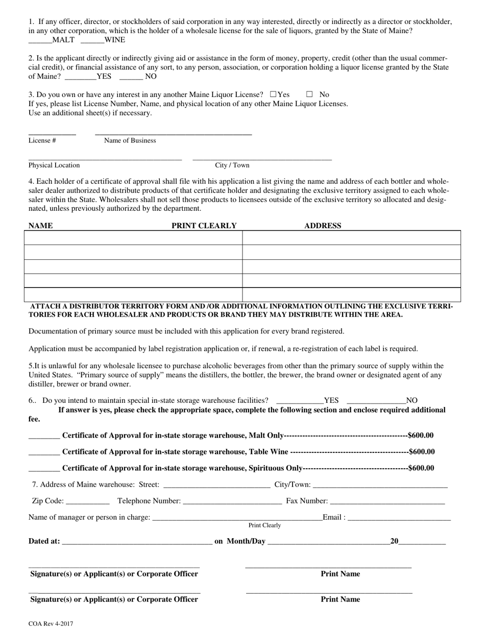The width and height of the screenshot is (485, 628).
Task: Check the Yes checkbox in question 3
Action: coord(273,94)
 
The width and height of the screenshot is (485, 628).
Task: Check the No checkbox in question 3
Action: coord(309,94)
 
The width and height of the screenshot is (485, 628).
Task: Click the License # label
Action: coord(42,140)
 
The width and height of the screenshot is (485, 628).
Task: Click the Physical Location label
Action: coord(54,165)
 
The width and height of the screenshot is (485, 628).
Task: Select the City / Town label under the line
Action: coord(232,165)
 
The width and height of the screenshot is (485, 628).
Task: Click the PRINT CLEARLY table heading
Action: coord(204,226)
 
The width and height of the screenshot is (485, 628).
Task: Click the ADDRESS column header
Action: coord(323,226)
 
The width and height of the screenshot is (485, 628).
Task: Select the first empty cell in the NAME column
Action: coord(133,238)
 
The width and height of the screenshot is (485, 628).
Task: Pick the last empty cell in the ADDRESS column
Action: coord(351,295)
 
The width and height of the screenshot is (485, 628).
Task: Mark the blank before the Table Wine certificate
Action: coord(44,452)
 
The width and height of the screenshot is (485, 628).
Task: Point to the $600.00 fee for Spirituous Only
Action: coord(421,468)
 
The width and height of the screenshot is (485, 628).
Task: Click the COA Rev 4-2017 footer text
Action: coord(51,623)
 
